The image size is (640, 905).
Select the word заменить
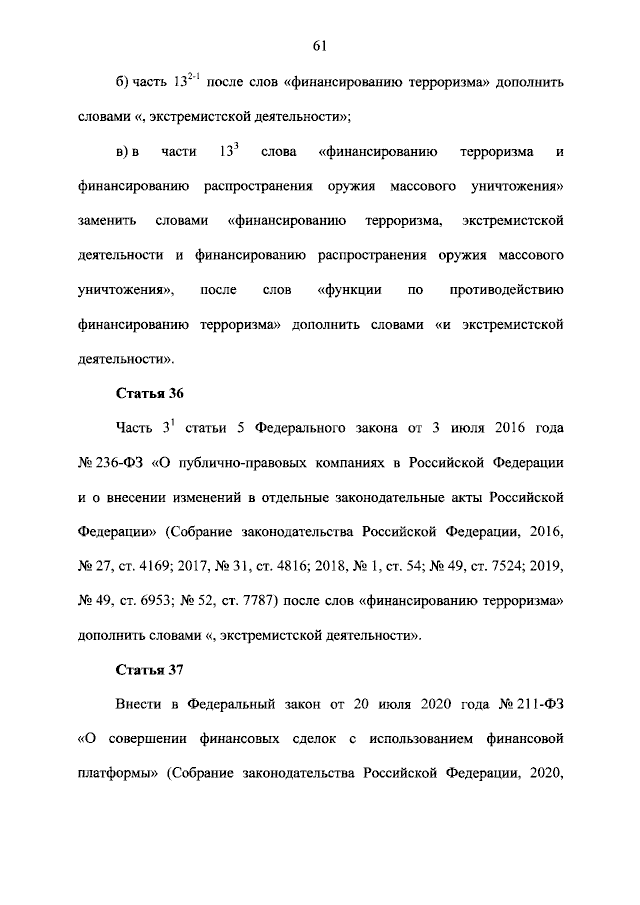pos(107,221)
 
